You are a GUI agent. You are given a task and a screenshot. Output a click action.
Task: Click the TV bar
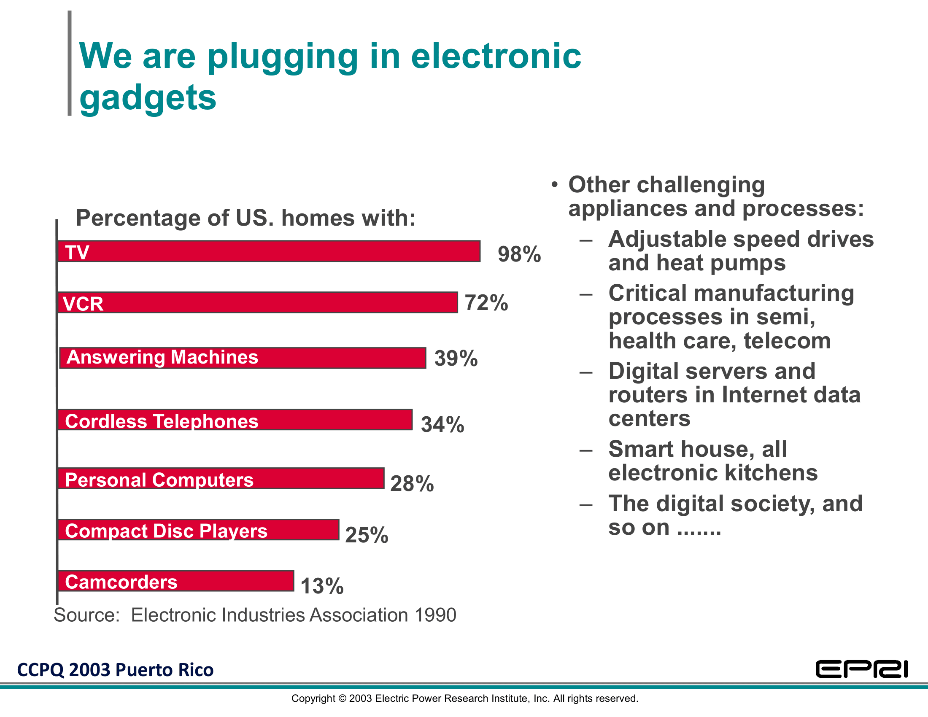click(x=269, y=251)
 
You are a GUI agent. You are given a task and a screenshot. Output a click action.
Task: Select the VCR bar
click(x=257, y=303)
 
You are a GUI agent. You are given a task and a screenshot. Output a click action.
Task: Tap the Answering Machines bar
click(x=243, y=358)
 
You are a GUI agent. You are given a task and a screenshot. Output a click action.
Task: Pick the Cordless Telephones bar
click(x=235, y=420)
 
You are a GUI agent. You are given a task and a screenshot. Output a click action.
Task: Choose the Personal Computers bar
click(x=221, y=479)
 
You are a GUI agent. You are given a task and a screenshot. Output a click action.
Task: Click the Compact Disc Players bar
click(x=198, y=530)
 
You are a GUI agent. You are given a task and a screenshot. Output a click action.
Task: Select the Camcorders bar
click(x=175, y=581)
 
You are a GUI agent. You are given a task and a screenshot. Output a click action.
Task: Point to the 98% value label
click(x=519, y=254)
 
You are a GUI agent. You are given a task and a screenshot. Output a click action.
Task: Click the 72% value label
click(x=486, y=303)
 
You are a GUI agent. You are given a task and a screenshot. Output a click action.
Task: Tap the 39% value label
click(x=456, y=358)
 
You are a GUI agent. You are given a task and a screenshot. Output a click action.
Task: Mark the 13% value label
click(x=322, y=586)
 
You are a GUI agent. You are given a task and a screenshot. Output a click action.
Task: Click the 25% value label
click(x=367, y=535)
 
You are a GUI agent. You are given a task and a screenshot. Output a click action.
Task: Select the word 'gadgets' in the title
click(x=148, y=98)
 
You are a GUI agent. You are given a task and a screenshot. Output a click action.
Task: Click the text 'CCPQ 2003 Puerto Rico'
click(x=115, y=670)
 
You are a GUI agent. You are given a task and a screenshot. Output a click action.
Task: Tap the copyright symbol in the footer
click(x=342, y=699)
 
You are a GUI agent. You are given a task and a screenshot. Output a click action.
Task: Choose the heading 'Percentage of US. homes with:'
click(x=245, y=218)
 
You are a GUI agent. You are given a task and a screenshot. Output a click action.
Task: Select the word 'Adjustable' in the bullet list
click(x=661, y=239)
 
